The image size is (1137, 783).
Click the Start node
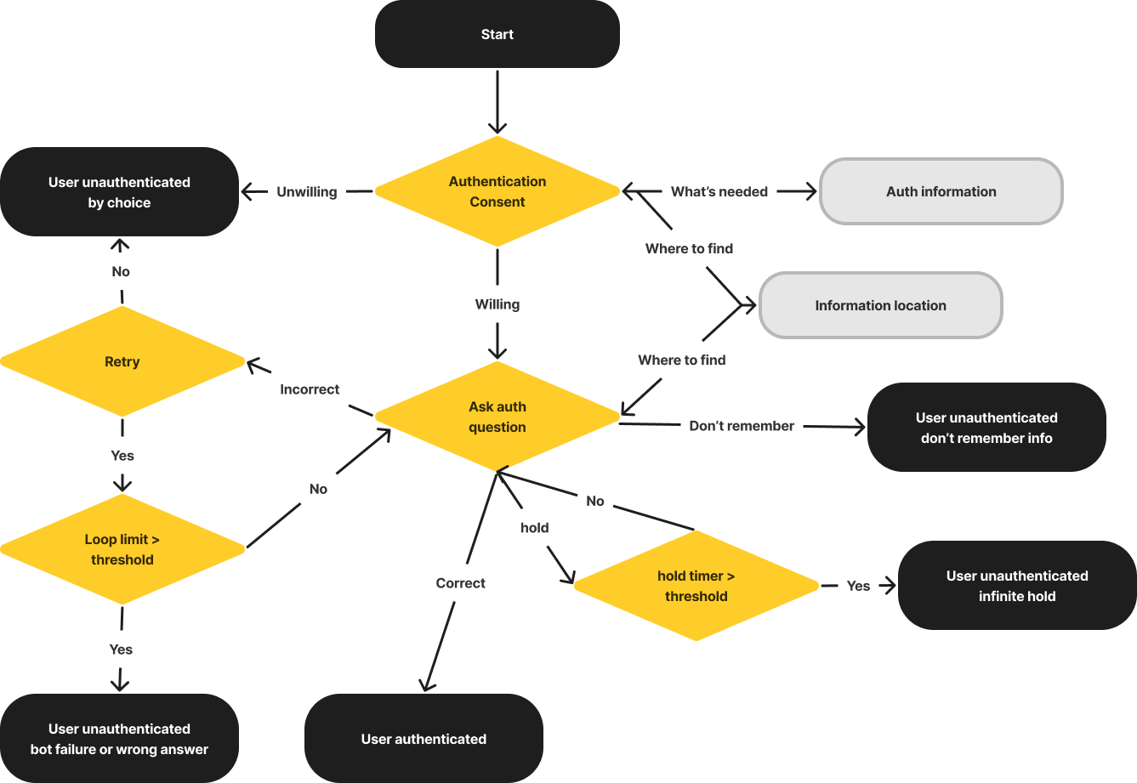tap(497, 34)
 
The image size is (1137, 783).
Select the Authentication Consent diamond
tap(497, 191)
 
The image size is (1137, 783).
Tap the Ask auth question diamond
tap(497, 417)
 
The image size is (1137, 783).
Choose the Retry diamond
tap(122, 361)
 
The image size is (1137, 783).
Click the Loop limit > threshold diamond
tap(122, 549)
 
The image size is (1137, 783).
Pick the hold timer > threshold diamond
tap(696, 586)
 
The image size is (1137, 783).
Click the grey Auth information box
tap(941, 191)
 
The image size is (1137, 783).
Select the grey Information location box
tap(880, 305)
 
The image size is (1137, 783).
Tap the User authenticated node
tap(424, 739)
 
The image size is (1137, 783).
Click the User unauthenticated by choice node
tap(119, 192)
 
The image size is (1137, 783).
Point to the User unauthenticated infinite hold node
tap(1017, 586)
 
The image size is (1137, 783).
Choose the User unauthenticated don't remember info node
tap(986, 428)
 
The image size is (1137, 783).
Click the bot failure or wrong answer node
tap(119, 739)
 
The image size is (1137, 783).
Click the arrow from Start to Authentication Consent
tap(497, 102)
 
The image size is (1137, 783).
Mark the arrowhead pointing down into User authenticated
tap(426, 684)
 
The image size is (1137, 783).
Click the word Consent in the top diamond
tap(497, 202)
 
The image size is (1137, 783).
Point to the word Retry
tap(122, 361)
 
